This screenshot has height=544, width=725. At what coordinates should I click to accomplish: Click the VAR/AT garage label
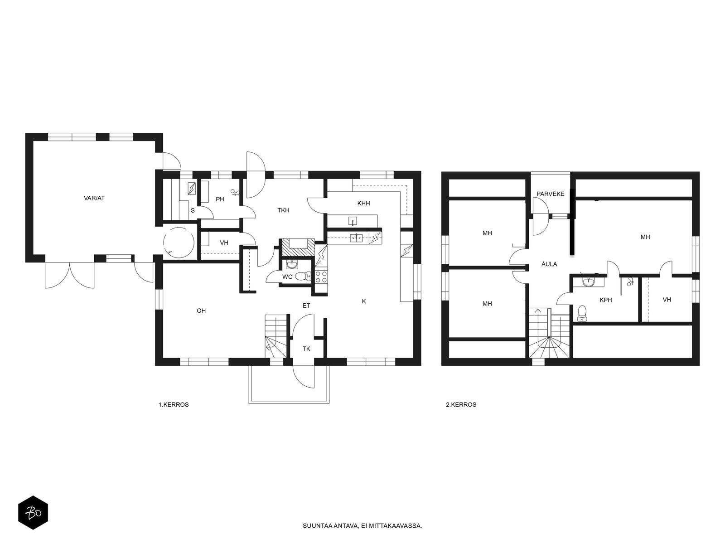click(x=94, y=198)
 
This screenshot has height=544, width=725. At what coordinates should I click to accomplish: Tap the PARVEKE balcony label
click(x=550, y=194)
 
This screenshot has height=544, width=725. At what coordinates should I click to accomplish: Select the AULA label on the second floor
click(x=549, y=264)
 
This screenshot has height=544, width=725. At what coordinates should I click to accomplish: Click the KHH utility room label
click(x=363, y=204)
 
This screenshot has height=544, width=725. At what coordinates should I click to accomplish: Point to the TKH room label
click(x=283, y=210)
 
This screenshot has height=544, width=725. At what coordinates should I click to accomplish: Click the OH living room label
click(x=201, y=311)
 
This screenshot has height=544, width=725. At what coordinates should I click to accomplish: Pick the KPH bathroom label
click(x=606, y=300)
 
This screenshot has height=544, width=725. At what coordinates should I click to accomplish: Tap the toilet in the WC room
click(x=303, y=276)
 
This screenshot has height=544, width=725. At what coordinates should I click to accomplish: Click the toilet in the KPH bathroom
click(x=582, y=313)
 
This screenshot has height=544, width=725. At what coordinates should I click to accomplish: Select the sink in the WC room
click(x=292, y=264)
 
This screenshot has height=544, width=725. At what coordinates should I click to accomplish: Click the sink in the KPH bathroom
click(x=588, y=282)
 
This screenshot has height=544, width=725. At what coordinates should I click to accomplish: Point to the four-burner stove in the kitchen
click(x=321, y=277)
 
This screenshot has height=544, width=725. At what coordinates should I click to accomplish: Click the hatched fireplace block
click(x=298, y=247)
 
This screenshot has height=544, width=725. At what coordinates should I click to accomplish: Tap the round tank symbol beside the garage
click(x=179, y=243)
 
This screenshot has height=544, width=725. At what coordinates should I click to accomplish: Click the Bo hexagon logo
click(x=33, y=513)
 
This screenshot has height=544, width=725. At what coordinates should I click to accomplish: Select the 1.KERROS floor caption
click(x=174, y=405)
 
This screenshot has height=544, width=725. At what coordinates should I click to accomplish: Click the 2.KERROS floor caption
click(x=461, y=405)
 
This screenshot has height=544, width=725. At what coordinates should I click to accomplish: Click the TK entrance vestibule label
click(x=306, y=349)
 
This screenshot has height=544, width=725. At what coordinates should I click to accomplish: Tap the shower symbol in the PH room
click(x=235, y=193)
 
